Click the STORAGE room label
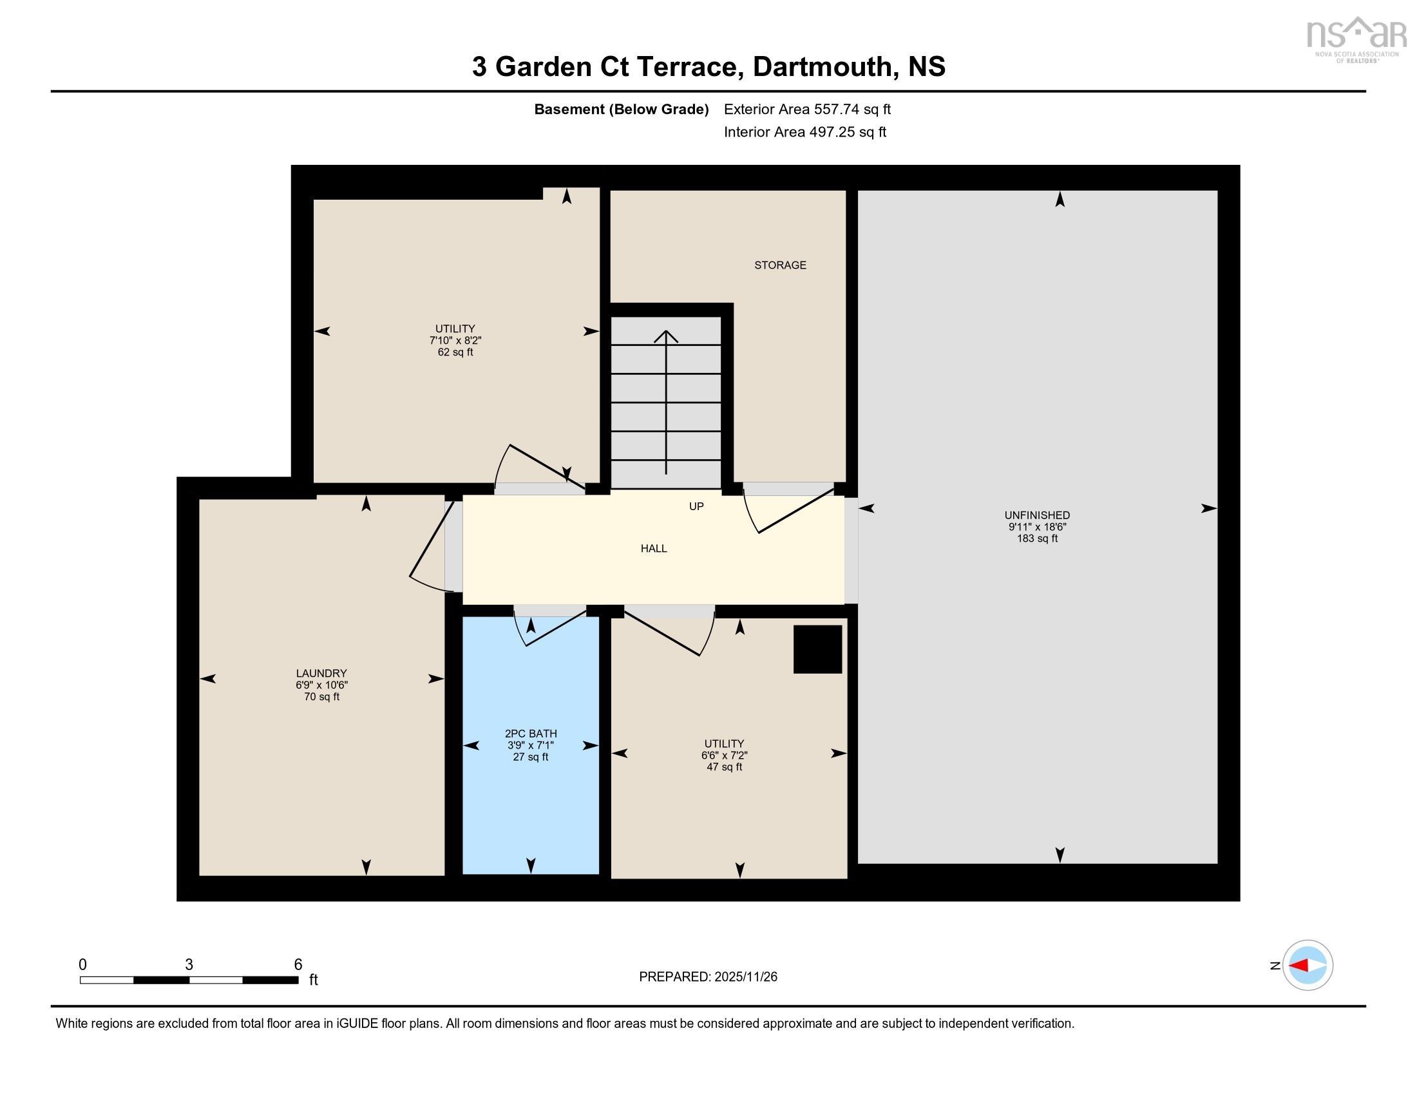point(780,265)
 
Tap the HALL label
point(653,548)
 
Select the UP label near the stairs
point(696,506)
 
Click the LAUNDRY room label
point(321,673)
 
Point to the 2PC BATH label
point(531,734)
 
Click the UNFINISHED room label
point(1037,515)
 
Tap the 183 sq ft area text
point(1037,538)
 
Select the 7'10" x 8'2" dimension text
point(455,341)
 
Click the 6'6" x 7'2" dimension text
point(724,755)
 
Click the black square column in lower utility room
point(817,649)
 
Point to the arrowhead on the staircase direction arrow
point(666,336)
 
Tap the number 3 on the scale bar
point(189,965)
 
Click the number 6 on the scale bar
point(298,965)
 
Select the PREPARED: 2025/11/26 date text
point(708,977)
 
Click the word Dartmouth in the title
point(821,67)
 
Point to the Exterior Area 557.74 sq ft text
point(807,109)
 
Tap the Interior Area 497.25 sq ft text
point(804,131)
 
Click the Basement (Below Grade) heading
point(621,109)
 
